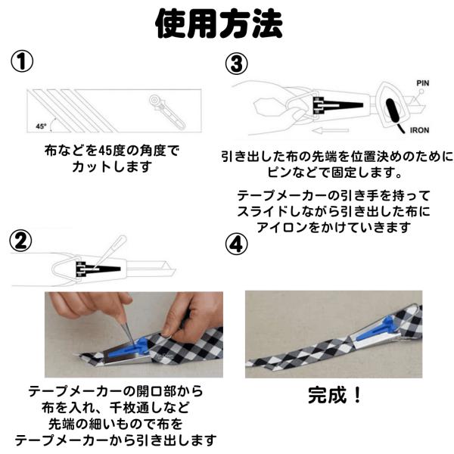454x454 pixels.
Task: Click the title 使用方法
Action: pos(219,24)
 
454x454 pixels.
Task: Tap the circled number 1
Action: pos(22,61)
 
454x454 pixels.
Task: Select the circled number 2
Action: pos(20,241)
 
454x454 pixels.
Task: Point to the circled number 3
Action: pos(237,64)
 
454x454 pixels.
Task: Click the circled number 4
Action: pos(237,244)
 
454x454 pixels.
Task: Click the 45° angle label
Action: pos(41,126)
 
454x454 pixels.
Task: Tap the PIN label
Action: pos(423,83)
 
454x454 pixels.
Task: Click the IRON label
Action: pos(419,130)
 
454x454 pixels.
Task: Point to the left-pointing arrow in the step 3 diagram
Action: pos(330,130)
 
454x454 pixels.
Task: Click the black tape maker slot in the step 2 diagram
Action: pos(98,269)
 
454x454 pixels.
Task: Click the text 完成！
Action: pos(334,395)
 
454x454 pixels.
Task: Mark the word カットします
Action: pos(112,167)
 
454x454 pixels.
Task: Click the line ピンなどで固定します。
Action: pos(334,173)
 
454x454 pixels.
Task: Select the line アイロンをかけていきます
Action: pos(334,227)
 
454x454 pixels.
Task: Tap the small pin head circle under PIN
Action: pos(421,92)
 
